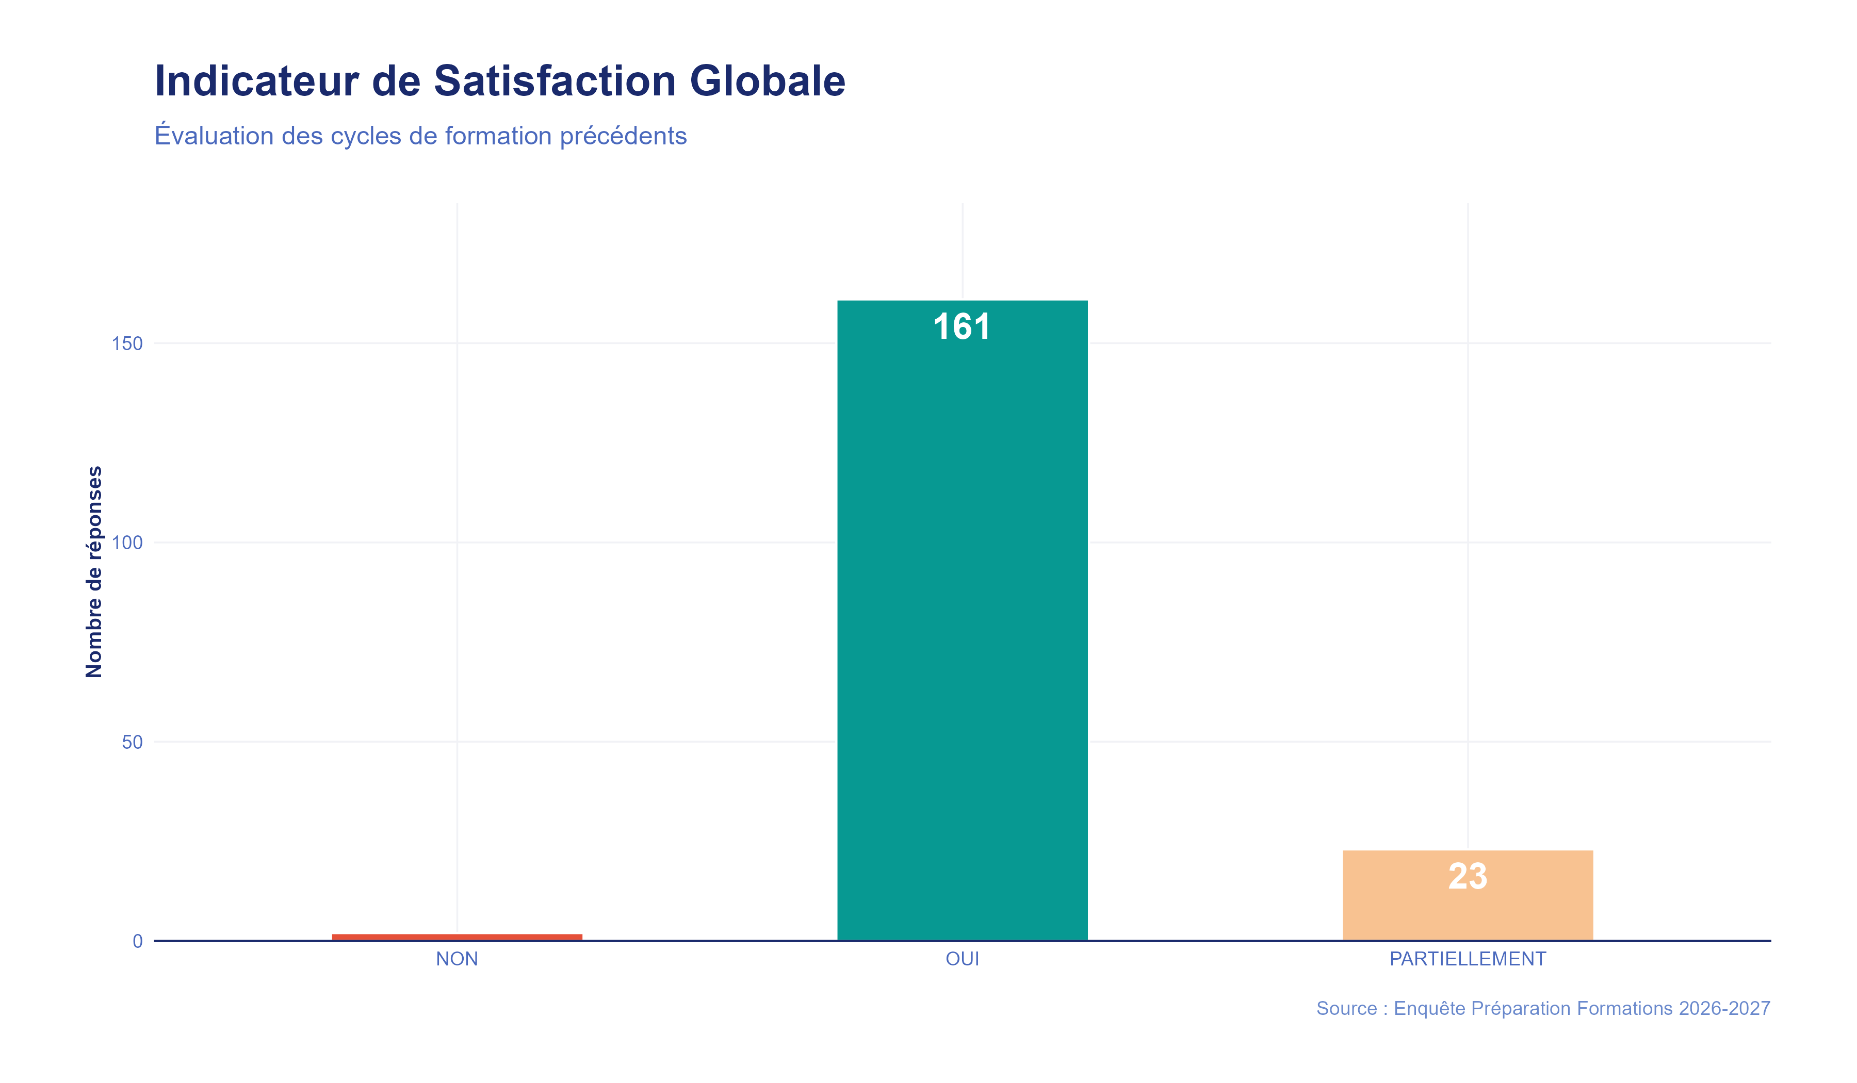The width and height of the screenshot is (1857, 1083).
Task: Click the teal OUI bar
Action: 963,626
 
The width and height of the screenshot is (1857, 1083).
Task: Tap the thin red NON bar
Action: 457,937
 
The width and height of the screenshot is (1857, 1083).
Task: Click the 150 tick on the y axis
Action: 127,343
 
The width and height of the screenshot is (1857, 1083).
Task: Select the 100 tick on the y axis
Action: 127,543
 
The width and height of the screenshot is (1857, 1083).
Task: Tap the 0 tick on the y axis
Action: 137,942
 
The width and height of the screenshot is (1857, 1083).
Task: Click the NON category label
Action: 457,959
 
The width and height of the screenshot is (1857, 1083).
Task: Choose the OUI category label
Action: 963,959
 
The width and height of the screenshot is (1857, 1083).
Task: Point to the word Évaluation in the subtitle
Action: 214,136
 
